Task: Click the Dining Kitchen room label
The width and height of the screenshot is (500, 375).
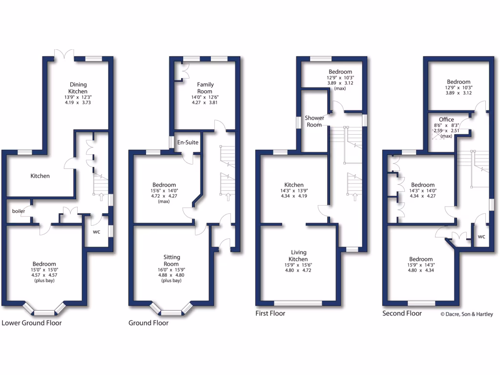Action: (x=78, y=87)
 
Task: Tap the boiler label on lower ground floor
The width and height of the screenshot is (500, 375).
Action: (x=19, y=211)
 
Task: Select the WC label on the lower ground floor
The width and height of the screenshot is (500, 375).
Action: (x=97, y=231)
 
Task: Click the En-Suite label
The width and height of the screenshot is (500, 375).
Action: (x=187, y=143)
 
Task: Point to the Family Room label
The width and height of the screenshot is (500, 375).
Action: (x=205, y=88)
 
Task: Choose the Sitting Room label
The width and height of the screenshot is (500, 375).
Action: (x=172, y=260)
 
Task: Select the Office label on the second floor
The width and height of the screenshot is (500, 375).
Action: (x=446, y=119)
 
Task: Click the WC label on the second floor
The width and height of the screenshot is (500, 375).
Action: (x=481, y=237)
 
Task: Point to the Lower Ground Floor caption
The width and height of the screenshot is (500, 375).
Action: (x=32, y=323)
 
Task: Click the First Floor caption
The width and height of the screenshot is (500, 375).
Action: (x=271, y=313)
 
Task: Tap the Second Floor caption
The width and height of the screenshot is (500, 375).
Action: (x=402, y=313)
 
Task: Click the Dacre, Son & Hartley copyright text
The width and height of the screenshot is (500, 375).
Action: (x=467, y=314)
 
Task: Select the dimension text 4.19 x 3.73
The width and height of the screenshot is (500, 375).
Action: (x=78, y=103)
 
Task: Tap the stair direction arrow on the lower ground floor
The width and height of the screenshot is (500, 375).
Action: (x=101, y=197)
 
